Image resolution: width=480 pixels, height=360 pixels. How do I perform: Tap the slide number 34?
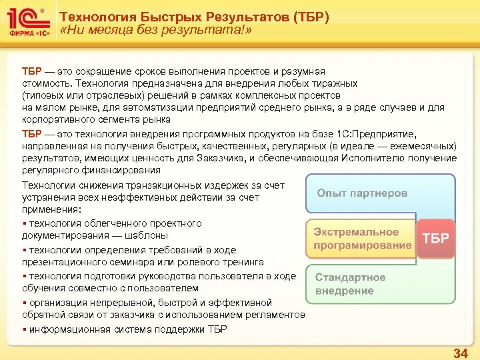click(460, 353)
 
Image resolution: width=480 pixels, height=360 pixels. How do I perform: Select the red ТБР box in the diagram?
click(435, 239)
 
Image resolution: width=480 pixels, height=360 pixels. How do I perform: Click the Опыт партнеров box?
click(361, 193)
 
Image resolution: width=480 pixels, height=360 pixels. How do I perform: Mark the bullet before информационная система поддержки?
click(24, 329)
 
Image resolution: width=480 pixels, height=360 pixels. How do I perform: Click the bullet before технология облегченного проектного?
click(24, 223)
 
